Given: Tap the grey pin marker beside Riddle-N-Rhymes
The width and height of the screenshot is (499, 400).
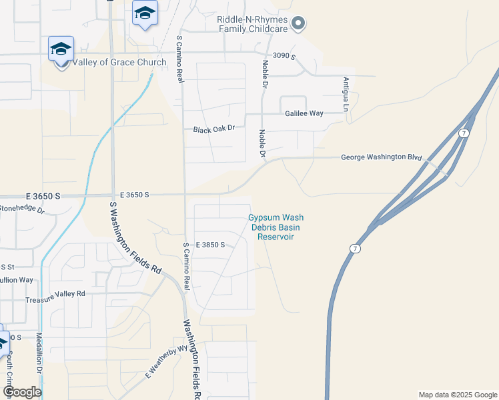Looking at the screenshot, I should click(x=299, y=24).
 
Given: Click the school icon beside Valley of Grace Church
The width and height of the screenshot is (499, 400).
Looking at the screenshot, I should click(x=61, y=49).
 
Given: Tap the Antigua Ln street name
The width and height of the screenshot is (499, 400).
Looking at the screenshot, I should click(x=346, y=94).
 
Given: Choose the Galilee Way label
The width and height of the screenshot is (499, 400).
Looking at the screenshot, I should click(x=305, y=113).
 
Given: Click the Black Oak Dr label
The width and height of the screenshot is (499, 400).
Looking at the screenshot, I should click(x=214, y=129).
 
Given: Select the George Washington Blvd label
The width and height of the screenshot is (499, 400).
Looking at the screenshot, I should click(x=382, y=158).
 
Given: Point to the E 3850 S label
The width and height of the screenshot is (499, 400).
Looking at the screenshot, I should click(x=210, y=245).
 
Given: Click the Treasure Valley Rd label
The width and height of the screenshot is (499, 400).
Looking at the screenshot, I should click(x=55, y=293).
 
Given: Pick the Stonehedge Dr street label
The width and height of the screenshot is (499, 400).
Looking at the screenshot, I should click(x=21, y=209).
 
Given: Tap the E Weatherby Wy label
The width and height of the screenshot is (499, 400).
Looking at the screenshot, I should click(x=165, y=363).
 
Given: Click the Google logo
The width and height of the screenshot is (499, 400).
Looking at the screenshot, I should click(x=22, y=392).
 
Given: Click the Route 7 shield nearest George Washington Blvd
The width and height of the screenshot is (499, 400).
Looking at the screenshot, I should click(x=464, y=134).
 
